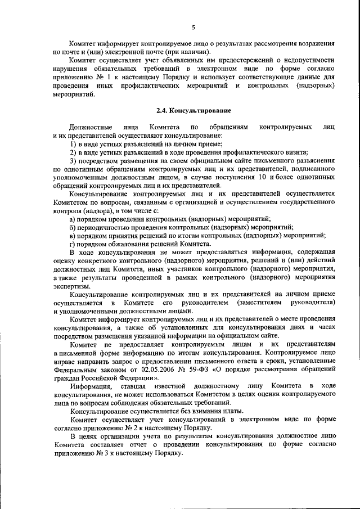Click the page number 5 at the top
click(x=193, y=26)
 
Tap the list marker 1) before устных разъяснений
click(x=73, y=144)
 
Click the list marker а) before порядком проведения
click(x=72, y=218)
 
